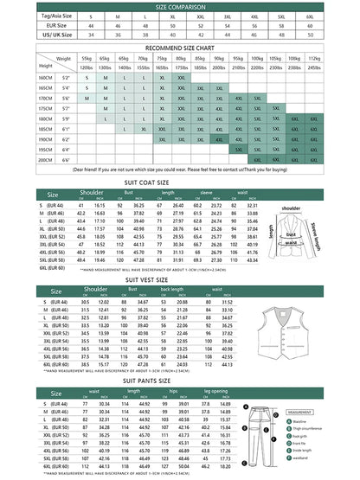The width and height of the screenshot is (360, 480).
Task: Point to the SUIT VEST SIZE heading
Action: [179, 279]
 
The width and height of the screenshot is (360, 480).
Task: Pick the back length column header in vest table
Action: [172, 291]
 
